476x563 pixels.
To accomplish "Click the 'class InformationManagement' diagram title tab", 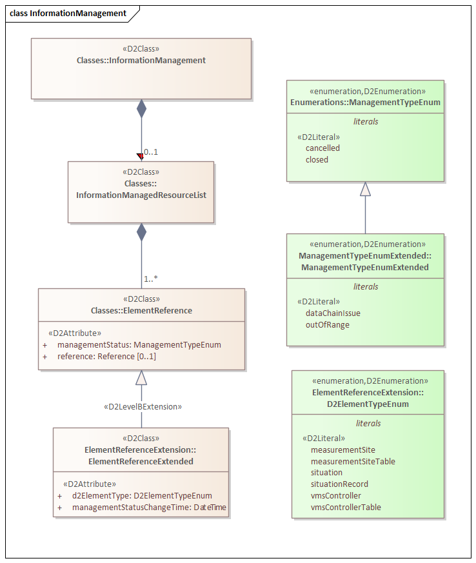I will [68, 13].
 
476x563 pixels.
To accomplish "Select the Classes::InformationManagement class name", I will [141, 61].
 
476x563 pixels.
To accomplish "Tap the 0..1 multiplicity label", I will [151, 152].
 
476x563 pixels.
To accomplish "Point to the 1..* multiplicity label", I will [151, 279].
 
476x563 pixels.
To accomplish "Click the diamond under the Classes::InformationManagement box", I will [141, 108].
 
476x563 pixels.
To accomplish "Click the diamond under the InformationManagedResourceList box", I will [141, 232].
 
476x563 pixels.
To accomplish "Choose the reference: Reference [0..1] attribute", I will [106, 357].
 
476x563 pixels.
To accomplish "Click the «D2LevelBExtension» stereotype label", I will [143, 407].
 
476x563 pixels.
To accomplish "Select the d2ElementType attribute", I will [141, 496].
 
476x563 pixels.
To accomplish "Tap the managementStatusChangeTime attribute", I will [149, 508].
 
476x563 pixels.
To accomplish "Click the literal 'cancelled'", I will [322, 148].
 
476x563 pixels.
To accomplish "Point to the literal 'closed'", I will [317, 160].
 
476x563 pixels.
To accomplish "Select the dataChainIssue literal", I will [333, 313].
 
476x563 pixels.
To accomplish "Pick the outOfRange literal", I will [327, 325].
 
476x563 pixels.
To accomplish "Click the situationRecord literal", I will [339, 484].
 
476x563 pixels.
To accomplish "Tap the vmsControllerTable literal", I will [346, 508].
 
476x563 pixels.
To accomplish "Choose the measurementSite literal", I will [342, 450].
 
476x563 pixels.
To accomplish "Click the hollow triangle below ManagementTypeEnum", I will [366, 189].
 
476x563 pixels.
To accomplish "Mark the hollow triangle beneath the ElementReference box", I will [141, 378].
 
